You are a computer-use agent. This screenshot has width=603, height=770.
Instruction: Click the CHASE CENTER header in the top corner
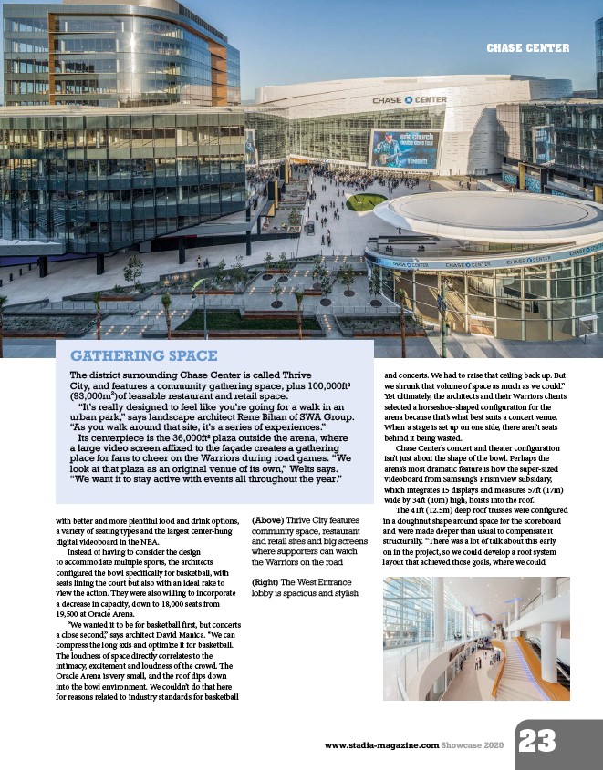[527, 47]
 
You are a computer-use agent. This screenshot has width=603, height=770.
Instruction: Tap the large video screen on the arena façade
[404, 149]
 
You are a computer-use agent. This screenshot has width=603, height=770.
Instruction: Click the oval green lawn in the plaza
[366, 201]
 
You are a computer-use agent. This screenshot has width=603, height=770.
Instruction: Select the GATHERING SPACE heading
[144, 355]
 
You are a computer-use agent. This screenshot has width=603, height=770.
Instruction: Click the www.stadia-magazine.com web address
[382, 745]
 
